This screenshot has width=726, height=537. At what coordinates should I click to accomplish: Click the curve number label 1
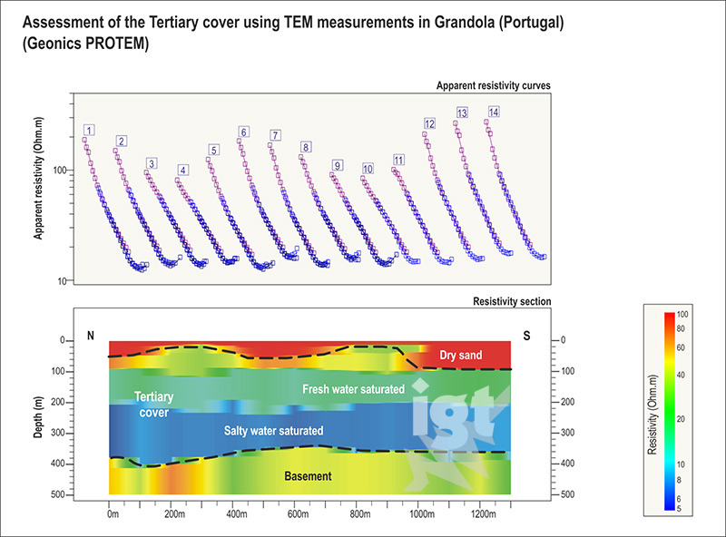(89, 131)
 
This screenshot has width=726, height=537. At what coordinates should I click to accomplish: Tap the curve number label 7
(275, 135)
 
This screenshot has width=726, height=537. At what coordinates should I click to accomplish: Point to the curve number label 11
(398, 161)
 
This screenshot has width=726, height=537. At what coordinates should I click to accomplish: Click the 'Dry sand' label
(461, 356)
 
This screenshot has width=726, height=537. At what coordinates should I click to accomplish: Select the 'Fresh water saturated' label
(353, 388)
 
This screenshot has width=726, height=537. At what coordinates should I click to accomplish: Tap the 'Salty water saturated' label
(274, 430)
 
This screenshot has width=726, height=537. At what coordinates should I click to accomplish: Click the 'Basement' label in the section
(306, 475)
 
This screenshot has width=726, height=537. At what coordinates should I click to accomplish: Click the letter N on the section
(90, 336)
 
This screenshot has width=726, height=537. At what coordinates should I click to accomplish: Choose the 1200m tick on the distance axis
(484, 514)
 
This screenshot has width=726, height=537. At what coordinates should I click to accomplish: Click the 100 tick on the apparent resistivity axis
(61, 171)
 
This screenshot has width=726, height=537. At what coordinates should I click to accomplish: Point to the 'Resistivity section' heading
(513, 301)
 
